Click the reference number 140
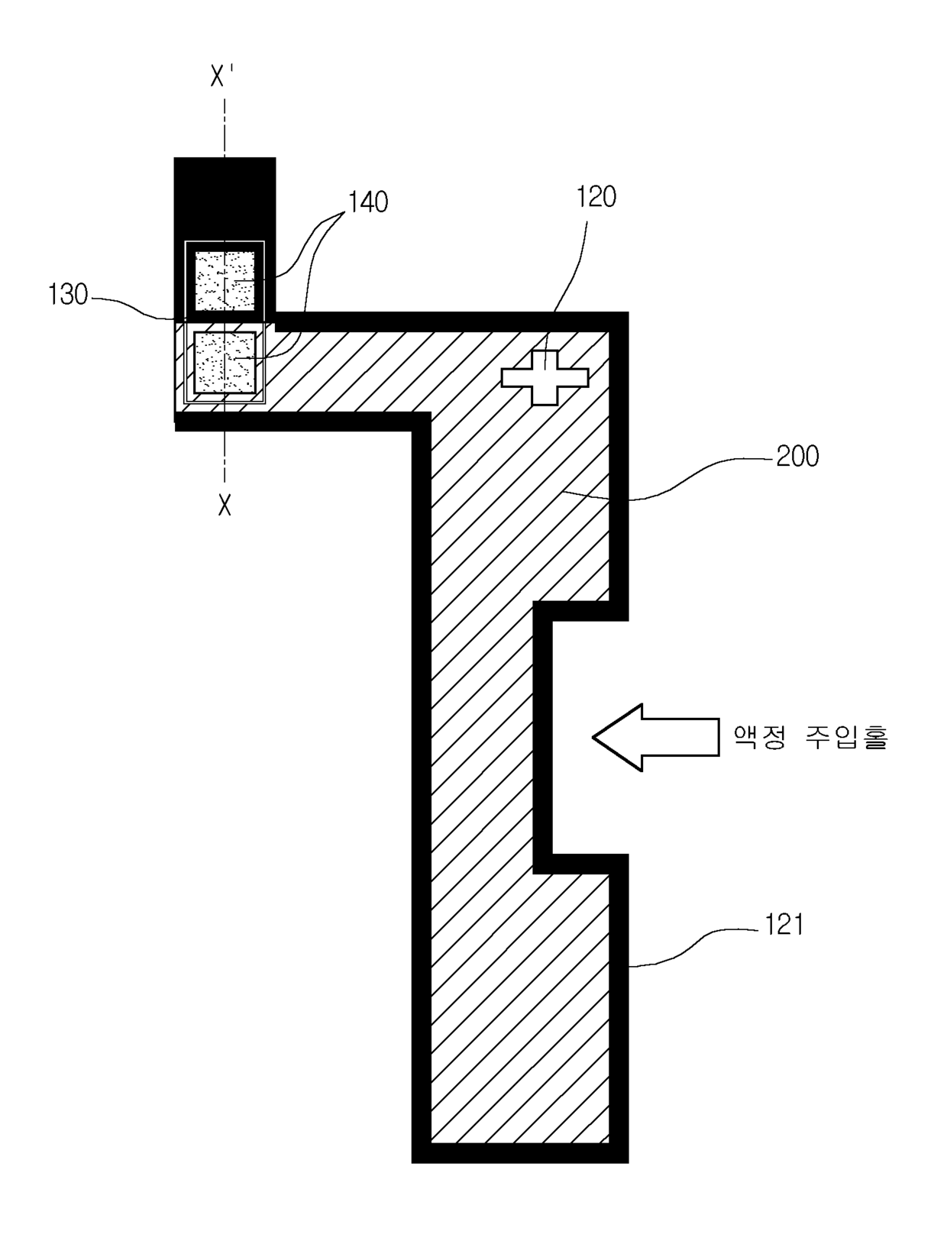[368, 202]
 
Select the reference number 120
[596, 197]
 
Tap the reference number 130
[68, 296]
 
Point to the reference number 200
[797, 457]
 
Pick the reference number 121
[784, 925]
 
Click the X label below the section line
[225, 505]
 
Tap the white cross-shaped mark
[545, 377]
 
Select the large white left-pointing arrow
[655, 737]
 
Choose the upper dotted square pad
[225, 280]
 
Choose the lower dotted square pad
[225, 362]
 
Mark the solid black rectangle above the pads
[225, 199]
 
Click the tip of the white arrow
[593, 738]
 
